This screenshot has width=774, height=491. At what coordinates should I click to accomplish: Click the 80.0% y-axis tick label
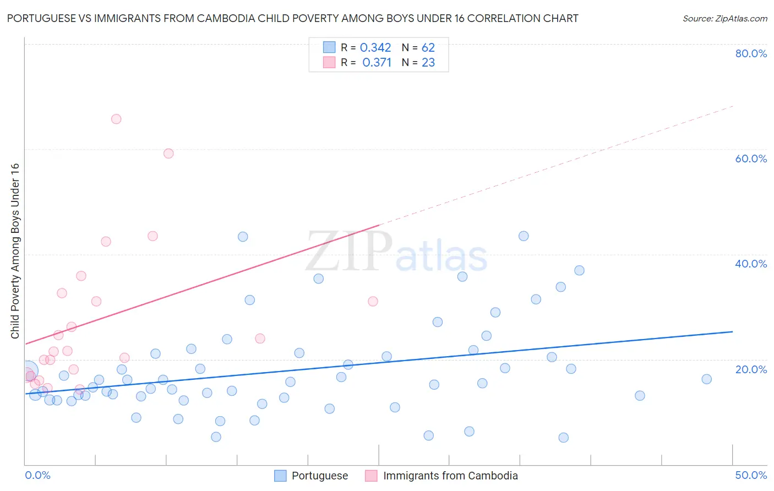click(x=751, y=53)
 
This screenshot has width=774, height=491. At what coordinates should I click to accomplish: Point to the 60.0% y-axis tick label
click(x=751, y=159)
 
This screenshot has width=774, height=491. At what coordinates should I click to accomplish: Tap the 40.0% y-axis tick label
click(x=751, y=264)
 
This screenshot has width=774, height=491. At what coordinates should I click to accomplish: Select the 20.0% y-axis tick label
click(x=751, y=369)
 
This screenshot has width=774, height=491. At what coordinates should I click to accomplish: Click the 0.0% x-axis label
click(x=37, y=475)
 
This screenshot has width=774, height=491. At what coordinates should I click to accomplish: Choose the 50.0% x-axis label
click(x=751, y=475)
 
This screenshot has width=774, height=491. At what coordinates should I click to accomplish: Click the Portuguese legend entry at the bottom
click(x=319, y=476)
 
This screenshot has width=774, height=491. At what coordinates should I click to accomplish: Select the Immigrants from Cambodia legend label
click(x=450, y=476)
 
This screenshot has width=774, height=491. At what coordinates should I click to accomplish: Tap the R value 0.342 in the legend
click(x=375, y=48)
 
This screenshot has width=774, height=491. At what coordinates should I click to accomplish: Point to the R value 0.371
click(x=377, y=63)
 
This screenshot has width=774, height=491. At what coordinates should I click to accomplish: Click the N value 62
click(x=428, y=48)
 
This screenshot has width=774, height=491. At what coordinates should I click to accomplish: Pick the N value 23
click(x=428, y=63)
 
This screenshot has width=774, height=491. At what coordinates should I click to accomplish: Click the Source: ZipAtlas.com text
click(x=724, y=19)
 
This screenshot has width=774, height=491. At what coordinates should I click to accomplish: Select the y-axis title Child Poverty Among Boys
click(x=15, y=251)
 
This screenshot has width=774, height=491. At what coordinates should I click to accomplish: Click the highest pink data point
click(x=116, y=119)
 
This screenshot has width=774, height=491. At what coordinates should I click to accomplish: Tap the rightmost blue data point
click(x=707, y=379)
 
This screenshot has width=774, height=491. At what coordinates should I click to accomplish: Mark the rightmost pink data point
click(x=373, y=301)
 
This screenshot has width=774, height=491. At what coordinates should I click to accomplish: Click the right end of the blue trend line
click(x=732, y=331)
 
